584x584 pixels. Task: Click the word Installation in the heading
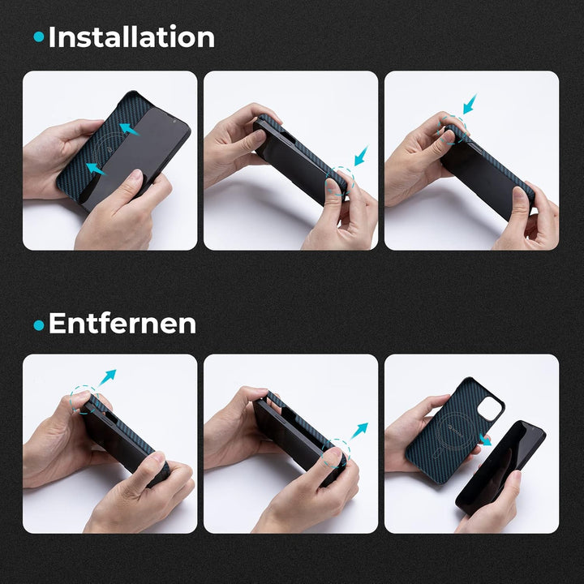tap(131, 36)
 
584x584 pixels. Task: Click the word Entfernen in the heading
tap(122, 324)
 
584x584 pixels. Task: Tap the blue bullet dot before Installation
tap(39, 36)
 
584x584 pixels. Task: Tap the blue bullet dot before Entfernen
tap(39, 325)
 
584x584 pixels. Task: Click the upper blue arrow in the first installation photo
tap(129, 129)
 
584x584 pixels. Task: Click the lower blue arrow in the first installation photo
tap(96, 169)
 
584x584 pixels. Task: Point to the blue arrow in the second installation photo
tap(361, 156)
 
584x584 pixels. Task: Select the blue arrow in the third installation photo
tap(470, 104)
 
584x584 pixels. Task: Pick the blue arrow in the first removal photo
tap(107, 377)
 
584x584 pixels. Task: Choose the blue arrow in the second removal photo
tap(359, 431)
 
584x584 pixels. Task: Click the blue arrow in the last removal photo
tap(484, 440)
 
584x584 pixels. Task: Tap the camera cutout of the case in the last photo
tap(490, 408)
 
